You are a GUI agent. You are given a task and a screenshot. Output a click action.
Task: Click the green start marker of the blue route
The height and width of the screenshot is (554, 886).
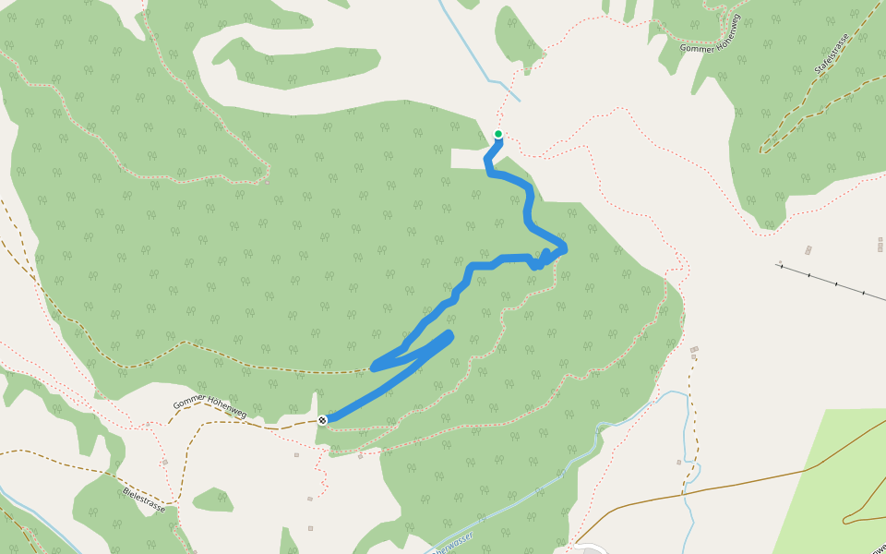[498, 135]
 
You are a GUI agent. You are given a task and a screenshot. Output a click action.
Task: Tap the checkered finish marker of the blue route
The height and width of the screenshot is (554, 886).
[322, 420]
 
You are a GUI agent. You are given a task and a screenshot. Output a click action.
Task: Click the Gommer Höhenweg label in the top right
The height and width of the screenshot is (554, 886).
[710, 33]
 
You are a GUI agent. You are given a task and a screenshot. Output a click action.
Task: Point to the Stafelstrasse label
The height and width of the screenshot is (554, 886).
[830, 56]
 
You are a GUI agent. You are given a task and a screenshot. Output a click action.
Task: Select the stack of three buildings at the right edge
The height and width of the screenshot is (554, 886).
[880, 244]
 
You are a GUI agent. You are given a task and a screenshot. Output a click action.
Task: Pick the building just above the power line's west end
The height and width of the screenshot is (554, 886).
[808, 250]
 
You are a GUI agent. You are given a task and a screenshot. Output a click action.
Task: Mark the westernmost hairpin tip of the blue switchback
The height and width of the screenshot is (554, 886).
[374, 367]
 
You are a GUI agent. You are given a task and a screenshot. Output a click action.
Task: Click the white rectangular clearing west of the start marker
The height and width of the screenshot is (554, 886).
[468, 158]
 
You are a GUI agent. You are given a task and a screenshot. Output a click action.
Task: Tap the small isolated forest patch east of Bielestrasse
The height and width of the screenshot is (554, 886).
[213, 500]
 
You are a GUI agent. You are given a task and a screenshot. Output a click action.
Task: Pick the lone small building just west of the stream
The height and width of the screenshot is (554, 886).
[678, 462]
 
